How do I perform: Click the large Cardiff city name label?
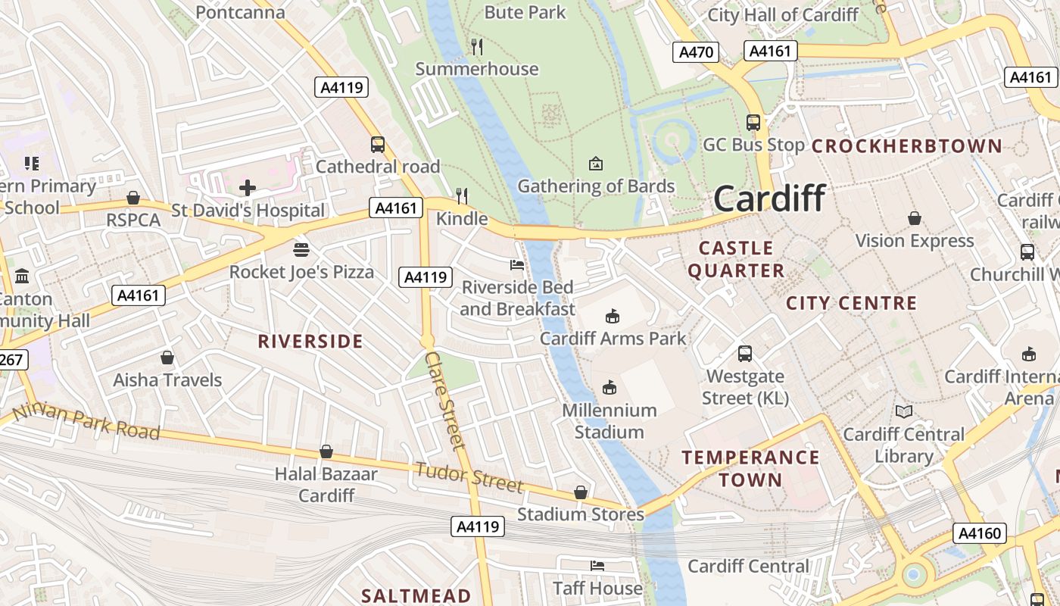pyautogui.click(x=769, y=198)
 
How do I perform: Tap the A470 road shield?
pyautogui.click(x=695, y=52)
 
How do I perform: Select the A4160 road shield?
pyautogui.click(x=980, y=533)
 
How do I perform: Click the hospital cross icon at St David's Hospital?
pyautogui.click(x=248, y=187)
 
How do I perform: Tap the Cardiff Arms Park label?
pyautogui.click(x=613, y=338)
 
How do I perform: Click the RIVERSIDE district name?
pyautogui.click(x=310, y=342)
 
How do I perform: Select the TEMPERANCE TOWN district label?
pyautogui.click(x=750, y=468)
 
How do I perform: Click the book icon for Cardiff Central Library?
pyautogui.click(x=903, y=411)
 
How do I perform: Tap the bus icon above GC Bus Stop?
pyautogui.click(x=753, y=122)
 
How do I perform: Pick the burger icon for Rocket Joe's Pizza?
pyautogui.click(x=301, y=249)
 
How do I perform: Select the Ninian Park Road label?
pyautogui.click(x=86, y=421)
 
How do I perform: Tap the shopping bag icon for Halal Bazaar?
pyautogui.click(x=326, y=451)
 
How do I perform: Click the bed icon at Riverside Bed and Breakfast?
pyautogui.click(x=517, y=264)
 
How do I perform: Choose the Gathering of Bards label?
pyautogui.click(x=596, y=186)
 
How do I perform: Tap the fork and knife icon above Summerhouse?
pyautogui.click(x=476, y=47)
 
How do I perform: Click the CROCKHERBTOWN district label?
pyautogui.click(x=906, y=146)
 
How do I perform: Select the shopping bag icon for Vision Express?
pyautogui.click(x=914, y=218)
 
